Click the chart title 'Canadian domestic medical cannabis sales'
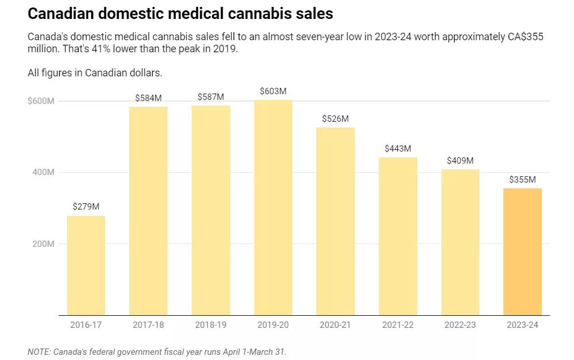click(180, 13)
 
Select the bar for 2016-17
click(86, 265)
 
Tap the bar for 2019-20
click(273, 207)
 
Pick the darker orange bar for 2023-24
click(522, 251)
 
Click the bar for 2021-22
click(398, 236)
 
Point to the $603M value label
click(273, 91)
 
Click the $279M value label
click(86, 207)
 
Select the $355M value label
click(522, 180)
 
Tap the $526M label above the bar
click(335, 119)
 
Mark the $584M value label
click(148, 98)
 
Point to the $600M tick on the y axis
click(41, 101)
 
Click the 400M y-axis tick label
click(42, 172)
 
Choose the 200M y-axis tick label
click(42, 244)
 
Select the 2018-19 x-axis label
click(211, 325)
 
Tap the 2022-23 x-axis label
click(460, 325)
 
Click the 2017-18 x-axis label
click(148, 325)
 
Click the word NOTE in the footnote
click(38, 351)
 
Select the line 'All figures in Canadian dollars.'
click(95, 73)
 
